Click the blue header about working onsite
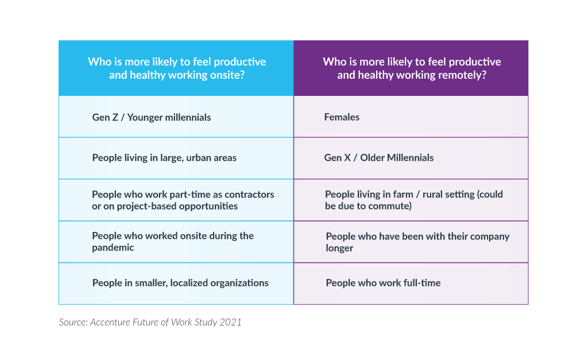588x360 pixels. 176,68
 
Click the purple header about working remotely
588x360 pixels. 411,68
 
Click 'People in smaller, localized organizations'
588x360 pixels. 180,282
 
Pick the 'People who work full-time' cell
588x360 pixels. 383,282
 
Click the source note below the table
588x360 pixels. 150,322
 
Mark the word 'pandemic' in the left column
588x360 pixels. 113,247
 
